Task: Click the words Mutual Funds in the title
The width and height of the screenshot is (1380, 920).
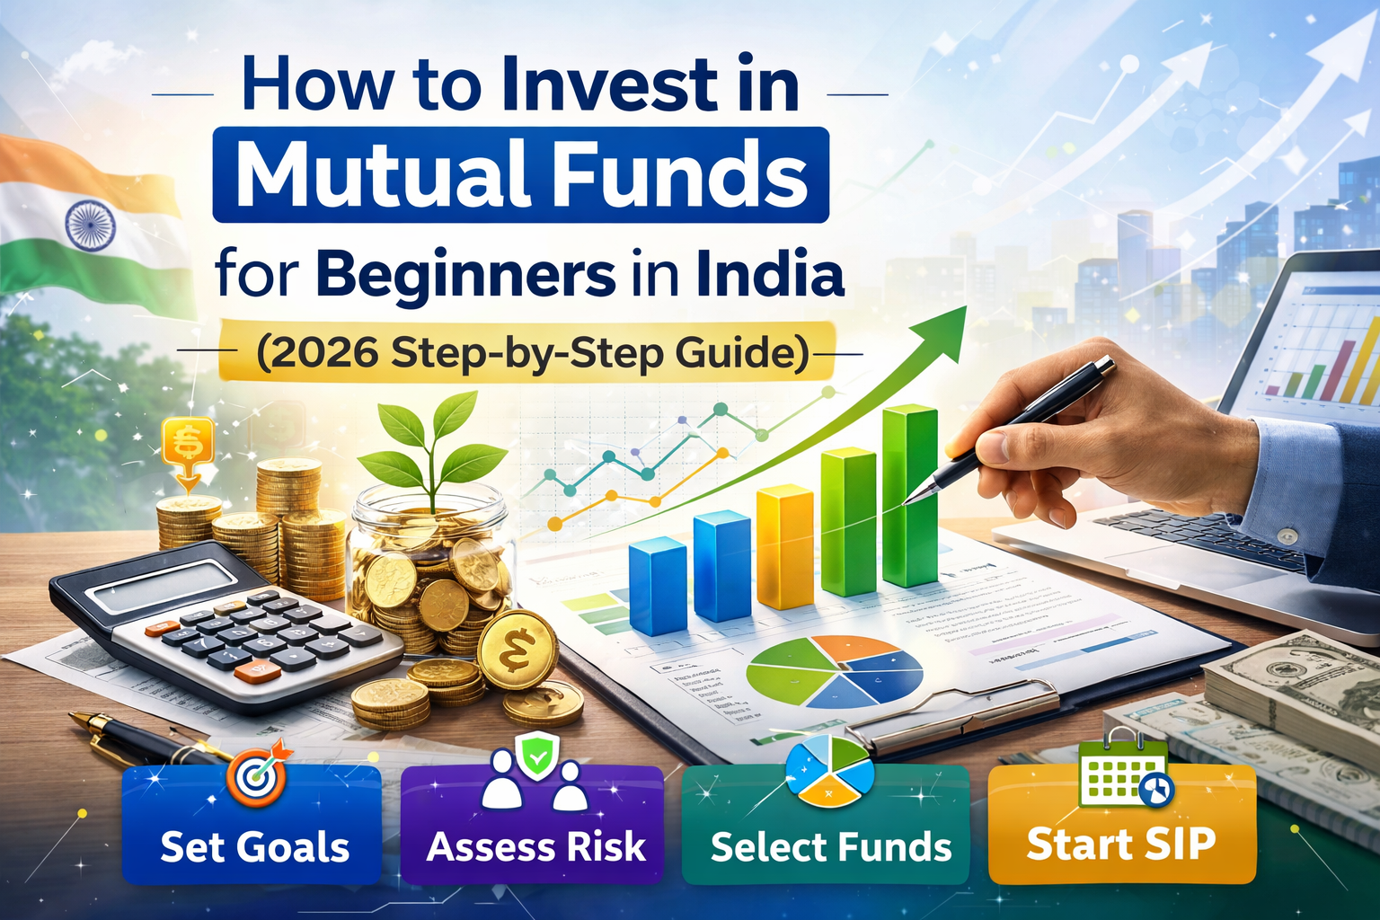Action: coord(521,174)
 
